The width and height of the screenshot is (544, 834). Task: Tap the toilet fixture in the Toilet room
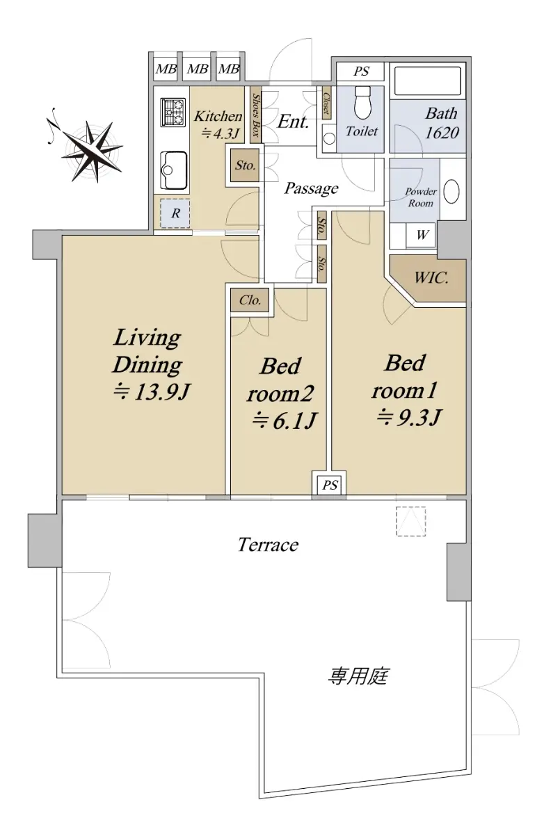[x=363, y=101]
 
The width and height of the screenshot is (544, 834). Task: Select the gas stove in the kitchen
[x=173, y=112]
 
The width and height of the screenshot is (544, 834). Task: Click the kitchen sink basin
[x=173, y=170]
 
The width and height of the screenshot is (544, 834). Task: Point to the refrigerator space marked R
[x=175, y=213]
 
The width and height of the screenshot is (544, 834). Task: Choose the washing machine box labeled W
[x=421, y=235]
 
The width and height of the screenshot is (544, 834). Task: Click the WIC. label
[x=431, y=278]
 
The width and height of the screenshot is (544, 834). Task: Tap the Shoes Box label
[x=255, y=115]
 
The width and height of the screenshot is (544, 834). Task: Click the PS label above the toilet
[x=360, y=71]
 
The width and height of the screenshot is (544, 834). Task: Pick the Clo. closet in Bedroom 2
[x=249, y=300]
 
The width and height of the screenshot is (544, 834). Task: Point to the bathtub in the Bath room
[x=427, y=81]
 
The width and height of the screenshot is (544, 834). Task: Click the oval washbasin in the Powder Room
[x=451, y=192]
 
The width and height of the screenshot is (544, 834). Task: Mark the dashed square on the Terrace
[x=410, y=521]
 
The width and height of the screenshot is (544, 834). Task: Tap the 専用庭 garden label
[x=358, y=676]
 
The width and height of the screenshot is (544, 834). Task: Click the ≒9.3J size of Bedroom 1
[x=408, y=417]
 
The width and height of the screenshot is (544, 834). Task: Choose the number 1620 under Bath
[x=442, y=133]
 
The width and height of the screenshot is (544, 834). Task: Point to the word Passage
[x=311, y=188]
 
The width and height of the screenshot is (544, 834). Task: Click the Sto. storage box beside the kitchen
[x=245, y=165]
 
